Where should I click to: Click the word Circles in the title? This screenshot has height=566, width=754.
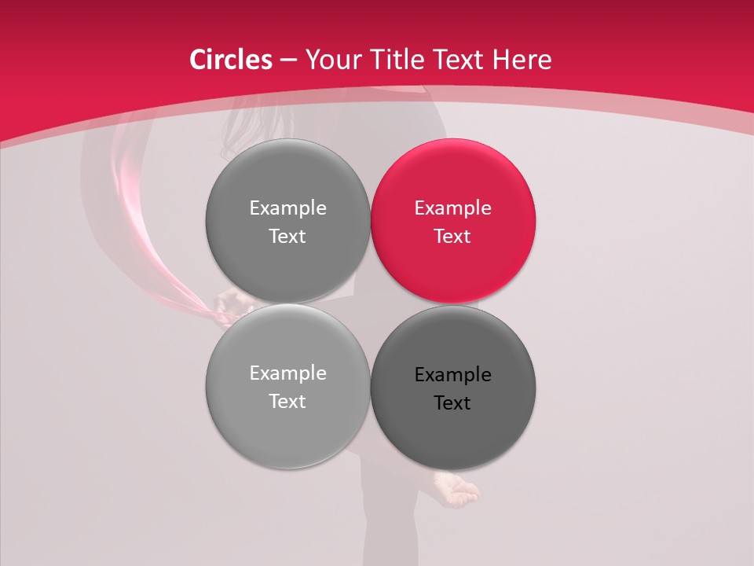[230, 60]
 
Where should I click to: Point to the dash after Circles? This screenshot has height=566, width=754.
[288, 61]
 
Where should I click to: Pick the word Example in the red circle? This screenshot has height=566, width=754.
[452, 208]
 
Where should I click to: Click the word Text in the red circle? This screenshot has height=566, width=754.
[452, 237]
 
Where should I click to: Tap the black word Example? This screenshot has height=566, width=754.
[452, 375]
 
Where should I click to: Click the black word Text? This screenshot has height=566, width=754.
[452, 403]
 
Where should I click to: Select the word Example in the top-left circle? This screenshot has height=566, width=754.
[287, 208]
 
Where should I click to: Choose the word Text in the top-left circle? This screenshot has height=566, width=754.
[287, 237]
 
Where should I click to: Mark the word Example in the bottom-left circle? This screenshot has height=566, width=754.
[287, 373]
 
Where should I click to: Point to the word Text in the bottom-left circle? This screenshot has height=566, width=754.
[287, 402]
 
